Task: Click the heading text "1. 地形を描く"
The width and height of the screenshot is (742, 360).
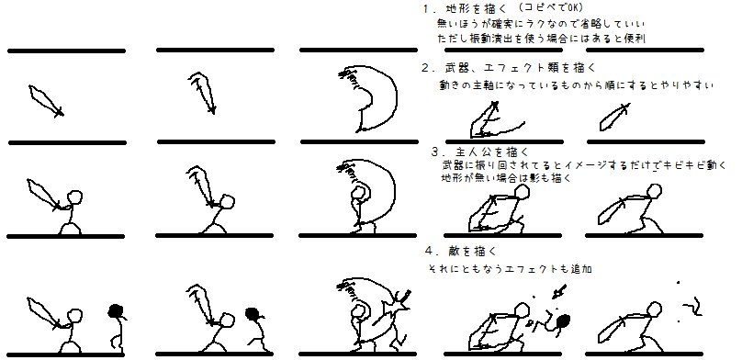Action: [x=465, y=8]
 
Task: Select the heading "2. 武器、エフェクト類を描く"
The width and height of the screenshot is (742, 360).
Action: [x=509, y=68]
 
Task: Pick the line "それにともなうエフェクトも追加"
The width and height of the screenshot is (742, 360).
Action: [x=510, y=269]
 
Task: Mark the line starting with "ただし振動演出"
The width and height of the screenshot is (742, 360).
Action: [x=542, y=39]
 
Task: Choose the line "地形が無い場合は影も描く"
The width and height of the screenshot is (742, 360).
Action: [x=506, y=178]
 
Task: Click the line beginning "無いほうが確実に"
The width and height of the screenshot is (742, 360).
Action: [x=541, y=23]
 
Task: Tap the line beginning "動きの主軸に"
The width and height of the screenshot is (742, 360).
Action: [x=576, y=85]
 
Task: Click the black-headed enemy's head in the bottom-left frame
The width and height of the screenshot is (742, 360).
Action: [x=116, y=310]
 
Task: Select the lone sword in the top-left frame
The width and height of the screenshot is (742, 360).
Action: [x=46, y=100]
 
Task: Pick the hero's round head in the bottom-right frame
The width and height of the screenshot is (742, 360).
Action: [x=655, y=309]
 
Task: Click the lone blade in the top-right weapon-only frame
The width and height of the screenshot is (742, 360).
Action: [x=614, y=117]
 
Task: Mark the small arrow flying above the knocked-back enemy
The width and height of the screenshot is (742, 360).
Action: [x=559, y=292]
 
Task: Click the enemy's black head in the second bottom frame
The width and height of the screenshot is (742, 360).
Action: [x=253, y=314]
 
